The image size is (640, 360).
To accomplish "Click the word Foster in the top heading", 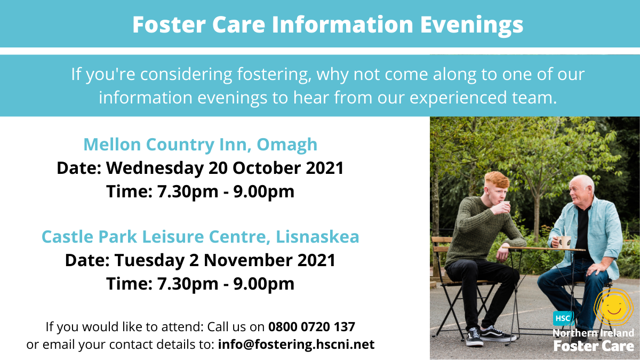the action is (x=169, y=25).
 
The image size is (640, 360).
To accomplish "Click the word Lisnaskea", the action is (x=317, y=237).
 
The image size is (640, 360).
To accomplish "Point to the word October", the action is (x=267, y=167).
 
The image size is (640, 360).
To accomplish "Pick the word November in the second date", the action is (x=248, y=260).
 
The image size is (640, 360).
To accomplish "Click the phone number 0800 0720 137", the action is (x=311, y=326).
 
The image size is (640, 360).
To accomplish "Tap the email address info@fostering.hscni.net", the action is (x=296, y=345).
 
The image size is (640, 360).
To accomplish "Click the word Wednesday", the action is (x=155, y=169).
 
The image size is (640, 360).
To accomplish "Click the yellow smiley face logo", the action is (x=613, y=308).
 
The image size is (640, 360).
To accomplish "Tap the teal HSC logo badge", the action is (x=563, y=318).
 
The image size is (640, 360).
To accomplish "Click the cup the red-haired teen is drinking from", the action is (x=506, y=205).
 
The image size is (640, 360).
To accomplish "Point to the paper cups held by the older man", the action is (x=563, y=242).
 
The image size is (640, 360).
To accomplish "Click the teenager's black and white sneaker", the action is (x=474, y=337).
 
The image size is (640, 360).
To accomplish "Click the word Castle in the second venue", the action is (x=68, y=237).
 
